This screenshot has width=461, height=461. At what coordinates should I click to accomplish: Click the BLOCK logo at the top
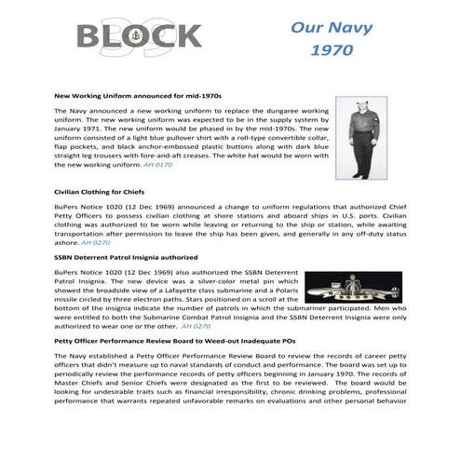139,37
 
